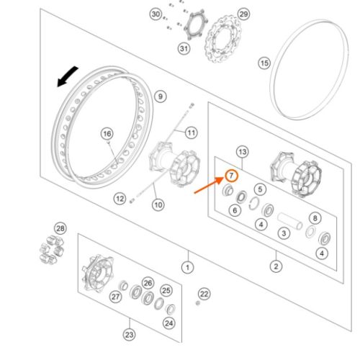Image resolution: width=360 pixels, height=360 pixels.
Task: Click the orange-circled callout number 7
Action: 231,176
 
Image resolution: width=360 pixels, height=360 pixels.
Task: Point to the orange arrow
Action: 209,185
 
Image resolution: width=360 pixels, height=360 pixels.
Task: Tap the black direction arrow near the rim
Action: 68,76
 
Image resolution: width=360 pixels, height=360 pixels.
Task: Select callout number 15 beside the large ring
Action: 264,63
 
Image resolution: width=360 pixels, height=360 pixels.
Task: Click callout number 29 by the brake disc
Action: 243,14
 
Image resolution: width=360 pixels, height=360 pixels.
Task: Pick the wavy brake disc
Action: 223,39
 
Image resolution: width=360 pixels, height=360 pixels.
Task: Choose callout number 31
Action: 184,49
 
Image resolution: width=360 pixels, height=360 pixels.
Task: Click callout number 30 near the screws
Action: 156,14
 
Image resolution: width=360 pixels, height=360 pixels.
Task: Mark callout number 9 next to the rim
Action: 161,96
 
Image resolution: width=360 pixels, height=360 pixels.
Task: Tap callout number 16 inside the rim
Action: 107,134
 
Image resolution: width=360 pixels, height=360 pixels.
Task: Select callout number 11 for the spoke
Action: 192,132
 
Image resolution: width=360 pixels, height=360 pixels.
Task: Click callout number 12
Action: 120,199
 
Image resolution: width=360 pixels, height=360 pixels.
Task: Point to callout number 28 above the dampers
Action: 60,228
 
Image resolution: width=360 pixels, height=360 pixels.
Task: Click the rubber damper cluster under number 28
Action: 52,250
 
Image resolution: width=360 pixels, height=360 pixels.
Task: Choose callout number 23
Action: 129,335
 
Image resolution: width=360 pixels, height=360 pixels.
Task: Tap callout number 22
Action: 204,294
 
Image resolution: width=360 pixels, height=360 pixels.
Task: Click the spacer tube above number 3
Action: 289,221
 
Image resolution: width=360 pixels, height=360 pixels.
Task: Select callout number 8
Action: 315,218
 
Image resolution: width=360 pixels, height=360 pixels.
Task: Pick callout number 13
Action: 243,152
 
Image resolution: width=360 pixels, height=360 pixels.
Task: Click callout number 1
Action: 187,267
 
